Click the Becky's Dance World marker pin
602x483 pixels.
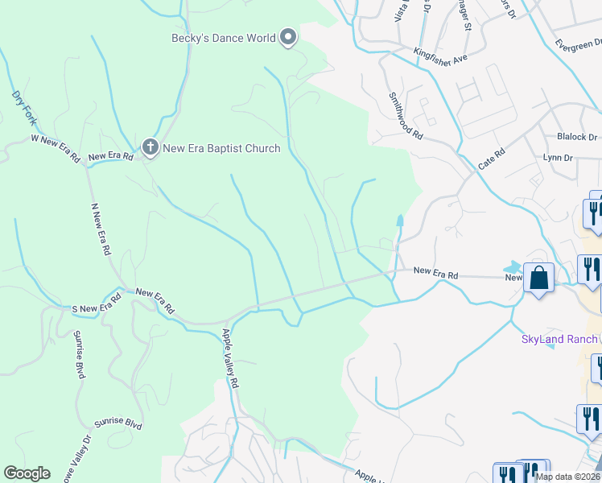[x=288, y=37]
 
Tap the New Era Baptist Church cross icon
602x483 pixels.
[x=149, y=147]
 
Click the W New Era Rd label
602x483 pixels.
[x=55, y=149]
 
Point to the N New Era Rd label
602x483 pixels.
[x=99, y=231]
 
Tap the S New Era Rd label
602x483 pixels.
[x=97, y=303]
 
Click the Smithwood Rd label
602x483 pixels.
[x=406, y=116]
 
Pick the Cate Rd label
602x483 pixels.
[x=490, y=157]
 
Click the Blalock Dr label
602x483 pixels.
[x=578, y=137]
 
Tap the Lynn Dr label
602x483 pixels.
[x=558, y=158]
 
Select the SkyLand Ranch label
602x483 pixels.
[x=559, y=339]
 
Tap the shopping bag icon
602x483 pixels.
[x=538, y=278]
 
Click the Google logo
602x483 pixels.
[x=27, y=473]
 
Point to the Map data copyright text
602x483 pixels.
[x=567, y=477]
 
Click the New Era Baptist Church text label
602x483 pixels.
[x=221, y=148]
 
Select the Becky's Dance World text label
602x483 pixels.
[x=223, y=37]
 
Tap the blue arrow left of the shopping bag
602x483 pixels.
[x=513, y=266]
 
